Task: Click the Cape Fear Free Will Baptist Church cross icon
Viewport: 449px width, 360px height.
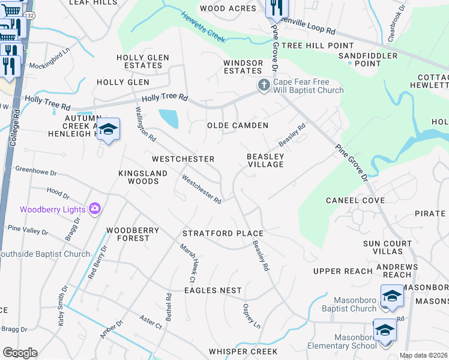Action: [264, 86]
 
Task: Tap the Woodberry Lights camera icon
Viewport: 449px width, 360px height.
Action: [95, 209]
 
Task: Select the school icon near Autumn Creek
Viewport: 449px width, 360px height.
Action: [109, 129]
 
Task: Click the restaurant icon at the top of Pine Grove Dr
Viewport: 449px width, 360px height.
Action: [277, 7]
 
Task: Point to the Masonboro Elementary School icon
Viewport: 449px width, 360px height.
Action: [385, 330]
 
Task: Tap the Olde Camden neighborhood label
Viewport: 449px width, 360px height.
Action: [237, 125]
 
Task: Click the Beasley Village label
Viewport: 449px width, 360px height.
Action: [265, 160]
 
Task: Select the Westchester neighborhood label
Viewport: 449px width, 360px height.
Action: [183, 159]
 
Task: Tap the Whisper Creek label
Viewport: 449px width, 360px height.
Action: [243, 352]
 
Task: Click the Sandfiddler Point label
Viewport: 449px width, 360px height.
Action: [360, 59]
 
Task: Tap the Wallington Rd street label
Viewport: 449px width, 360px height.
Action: [145, 124]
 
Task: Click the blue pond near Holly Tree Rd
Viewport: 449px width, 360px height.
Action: [169, 118]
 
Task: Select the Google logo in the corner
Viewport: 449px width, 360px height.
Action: [20, 353]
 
